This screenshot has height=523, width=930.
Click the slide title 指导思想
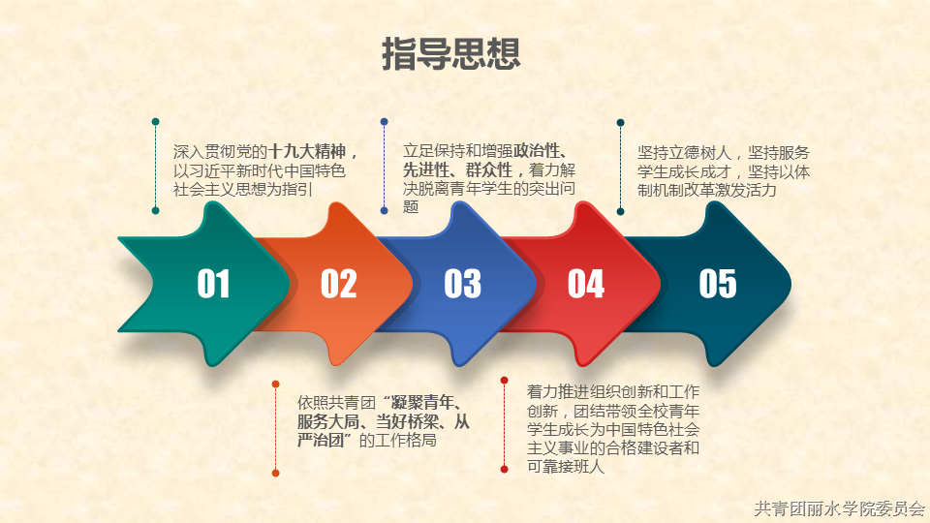(450, 53)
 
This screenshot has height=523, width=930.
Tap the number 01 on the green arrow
(213, 284)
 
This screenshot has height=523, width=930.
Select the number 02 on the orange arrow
(339, 284)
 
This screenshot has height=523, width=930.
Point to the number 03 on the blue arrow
(463, 284)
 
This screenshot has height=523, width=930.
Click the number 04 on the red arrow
(586, 284)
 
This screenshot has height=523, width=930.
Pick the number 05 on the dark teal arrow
(718, 284)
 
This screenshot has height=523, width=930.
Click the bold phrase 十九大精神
(307, 152)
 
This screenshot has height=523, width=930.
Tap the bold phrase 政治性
(537, 151)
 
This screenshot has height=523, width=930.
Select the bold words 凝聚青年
(422, 403)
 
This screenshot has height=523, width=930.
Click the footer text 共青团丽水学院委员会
(839, 508)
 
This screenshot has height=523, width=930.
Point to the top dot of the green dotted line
(155, 122)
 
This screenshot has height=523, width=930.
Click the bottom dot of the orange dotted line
(275, 473)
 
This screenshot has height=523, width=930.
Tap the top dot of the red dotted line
(504, 380)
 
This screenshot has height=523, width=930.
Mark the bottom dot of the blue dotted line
(385, 210)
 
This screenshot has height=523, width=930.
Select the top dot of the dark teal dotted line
(620, 123)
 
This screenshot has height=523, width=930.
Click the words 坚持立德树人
(685, 152)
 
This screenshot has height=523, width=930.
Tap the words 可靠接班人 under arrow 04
(566, 467)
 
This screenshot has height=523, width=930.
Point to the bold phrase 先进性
(426, 170)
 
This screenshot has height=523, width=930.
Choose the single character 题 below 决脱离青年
(411, 206)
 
